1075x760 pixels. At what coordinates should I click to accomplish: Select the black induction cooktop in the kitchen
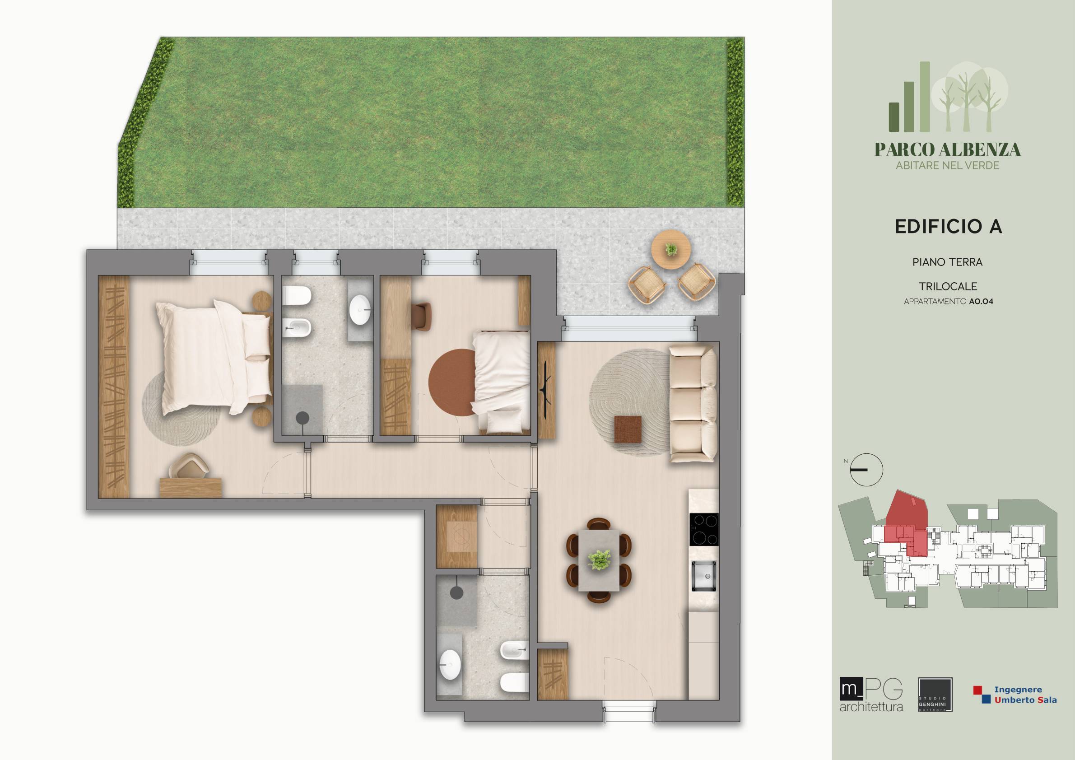coord(704,529)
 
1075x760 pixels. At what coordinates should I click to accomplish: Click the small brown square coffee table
coord(628,429)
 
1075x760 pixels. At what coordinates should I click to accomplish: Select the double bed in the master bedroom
coord(214,358)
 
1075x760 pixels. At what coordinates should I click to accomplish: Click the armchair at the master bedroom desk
coord(190,466)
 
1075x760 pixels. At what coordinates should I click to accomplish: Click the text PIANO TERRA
coord(947,262)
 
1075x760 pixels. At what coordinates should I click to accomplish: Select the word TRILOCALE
coord(947,286)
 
